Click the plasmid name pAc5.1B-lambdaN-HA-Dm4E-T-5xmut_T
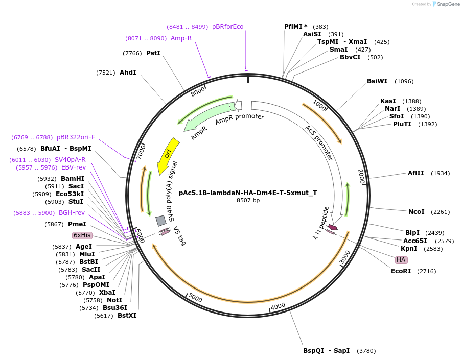[x=248, y=193]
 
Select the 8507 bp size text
[x=248, y=200]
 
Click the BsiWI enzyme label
[x=377, y=81]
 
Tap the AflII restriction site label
[x=415, y=173]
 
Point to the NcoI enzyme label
[x=417, y=212]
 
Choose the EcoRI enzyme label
[x=401, y=271]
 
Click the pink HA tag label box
[x=401, y=260]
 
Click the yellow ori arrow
[x=167, y=155]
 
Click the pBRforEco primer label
[x=228, y=27]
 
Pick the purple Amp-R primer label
[x=181, y=38]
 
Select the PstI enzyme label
[x=153, y=53]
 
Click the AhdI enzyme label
[x=128, y=73]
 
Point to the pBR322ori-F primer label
[x=76, y=137]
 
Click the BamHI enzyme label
[x=73, y=179]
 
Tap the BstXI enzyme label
[x=127, y=316]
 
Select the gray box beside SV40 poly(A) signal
[x=161, y=221]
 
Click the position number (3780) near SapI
[x=366, y=351]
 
